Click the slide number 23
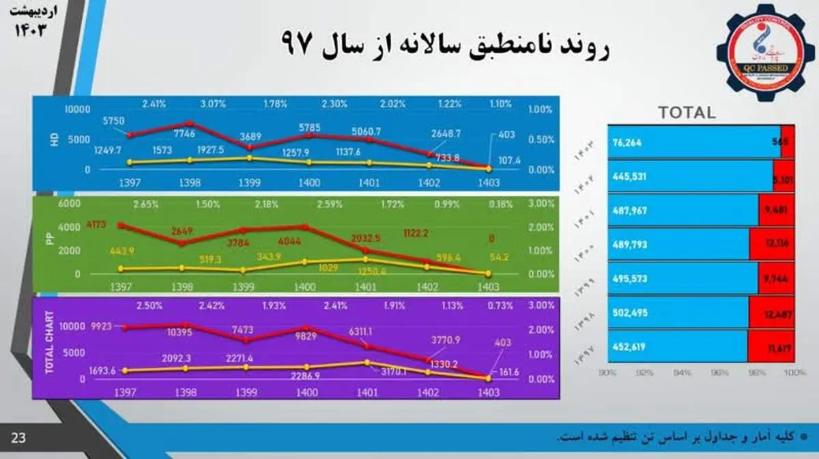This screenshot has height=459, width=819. pos(18,438)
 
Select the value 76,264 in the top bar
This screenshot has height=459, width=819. pos(629,143)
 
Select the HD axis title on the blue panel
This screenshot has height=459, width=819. pos(55,138)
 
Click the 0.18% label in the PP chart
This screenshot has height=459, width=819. pos(502,204)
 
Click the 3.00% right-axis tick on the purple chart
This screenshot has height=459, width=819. pos(541,305)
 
